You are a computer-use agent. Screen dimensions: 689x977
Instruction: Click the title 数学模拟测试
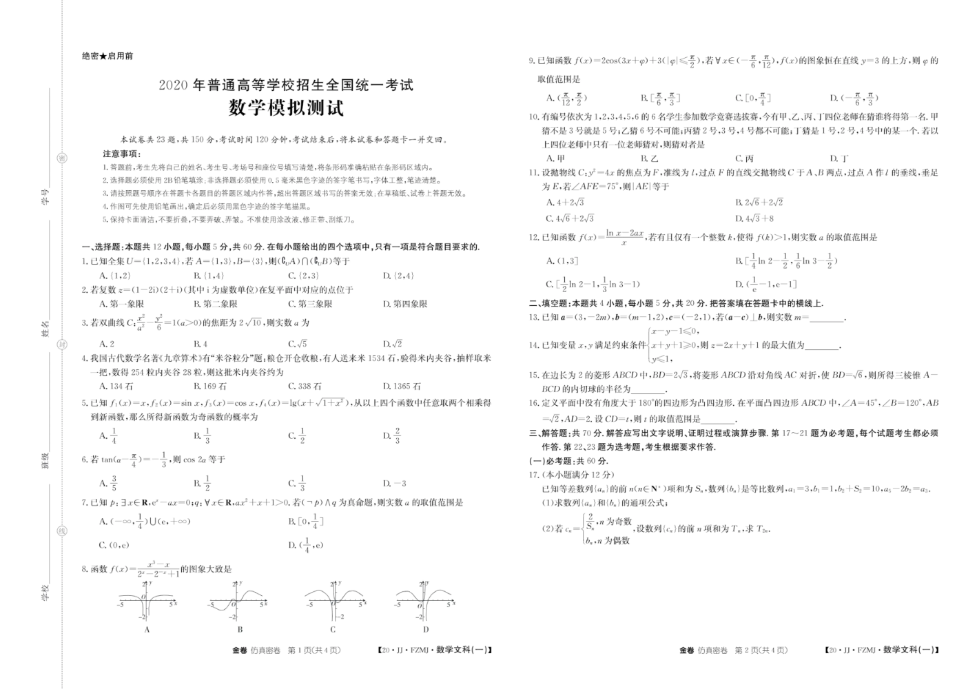point(286,108)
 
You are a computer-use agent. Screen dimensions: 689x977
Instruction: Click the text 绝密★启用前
point(107,56)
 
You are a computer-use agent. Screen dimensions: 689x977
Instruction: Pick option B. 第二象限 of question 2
point(216,304)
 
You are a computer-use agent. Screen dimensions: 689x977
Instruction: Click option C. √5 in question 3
point(298,344)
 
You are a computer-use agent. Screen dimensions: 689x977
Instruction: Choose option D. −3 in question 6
point(394,484)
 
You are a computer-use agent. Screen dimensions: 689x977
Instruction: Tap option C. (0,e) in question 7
point(114,545)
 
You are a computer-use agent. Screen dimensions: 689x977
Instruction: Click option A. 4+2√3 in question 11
point(565,203)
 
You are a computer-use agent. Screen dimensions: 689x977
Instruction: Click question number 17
point(535,475)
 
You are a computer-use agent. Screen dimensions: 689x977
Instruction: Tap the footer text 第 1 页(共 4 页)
point(313,650)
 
